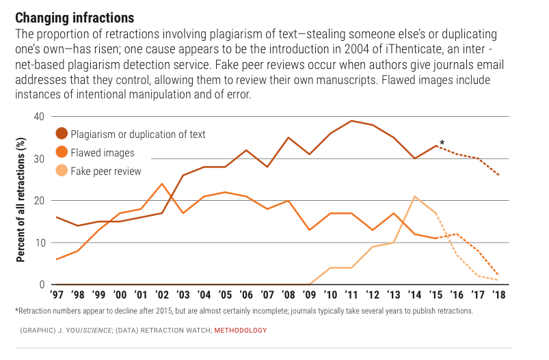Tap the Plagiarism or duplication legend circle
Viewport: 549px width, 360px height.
point(62,134)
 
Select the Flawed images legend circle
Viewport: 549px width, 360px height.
point(62,152)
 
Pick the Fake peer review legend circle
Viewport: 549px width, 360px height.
point(62,171)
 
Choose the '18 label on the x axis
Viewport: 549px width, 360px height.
point(498,296)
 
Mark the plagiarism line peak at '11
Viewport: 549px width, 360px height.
point(351,121)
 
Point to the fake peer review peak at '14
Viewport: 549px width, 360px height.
point(414,197)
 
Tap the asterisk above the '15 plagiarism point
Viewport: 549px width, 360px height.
point(442,143)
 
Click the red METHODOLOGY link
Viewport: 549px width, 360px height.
point(241,331)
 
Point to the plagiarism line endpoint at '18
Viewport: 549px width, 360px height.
point(498,176)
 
